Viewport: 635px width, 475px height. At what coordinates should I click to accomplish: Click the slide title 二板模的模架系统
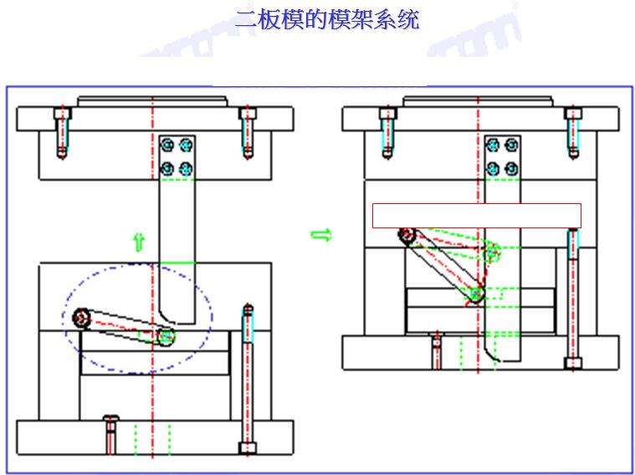click(326, 18)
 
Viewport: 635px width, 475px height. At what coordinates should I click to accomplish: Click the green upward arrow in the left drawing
click(139, 242)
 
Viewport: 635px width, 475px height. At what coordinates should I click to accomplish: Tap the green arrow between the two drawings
click(320, 235)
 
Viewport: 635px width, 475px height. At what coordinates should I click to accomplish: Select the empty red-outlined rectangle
click(476, 216)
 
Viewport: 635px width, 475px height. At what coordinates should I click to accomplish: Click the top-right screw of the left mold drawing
click(246, 131)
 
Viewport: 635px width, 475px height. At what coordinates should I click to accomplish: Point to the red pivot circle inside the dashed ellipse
click(82, 317)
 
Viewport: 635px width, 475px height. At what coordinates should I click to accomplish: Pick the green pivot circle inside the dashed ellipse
click(166, 336)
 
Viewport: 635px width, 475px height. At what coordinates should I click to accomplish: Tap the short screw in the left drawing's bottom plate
click(110, 432)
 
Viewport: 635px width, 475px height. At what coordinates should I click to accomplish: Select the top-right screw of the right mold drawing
click(573, 131)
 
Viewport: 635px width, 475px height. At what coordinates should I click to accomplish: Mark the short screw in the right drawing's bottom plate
click(436, 349)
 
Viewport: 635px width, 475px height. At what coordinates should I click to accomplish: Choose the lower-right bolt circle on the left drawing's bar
click(186, 169)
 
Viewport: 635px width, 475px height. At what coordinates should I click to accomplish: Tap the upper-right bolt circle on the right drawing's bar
click(511, 145)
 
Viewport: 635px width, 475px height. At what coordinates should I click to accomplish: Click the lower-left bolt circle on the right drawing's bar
click(494, 169)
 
